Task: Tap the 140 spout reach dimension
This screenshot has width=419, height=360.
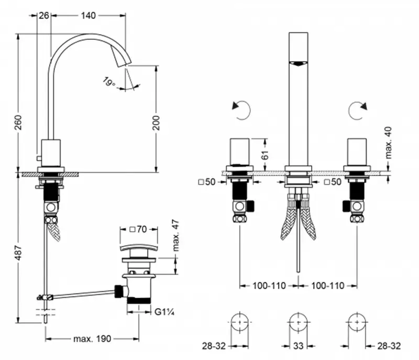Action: tap(89, 16)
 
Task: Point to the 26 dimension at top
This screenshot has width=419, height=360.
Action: tap(44, 16)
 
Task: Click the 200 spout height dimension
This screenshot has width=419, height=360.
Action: tap(156, 123)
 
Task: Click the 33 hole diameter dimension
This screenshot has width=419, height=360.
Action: tap(297, 346)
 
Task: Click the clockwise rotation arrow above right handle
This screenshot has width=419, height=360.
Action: tap(358, 110)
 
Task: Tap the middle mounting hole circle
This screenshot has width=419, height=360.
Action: tap(297, 321)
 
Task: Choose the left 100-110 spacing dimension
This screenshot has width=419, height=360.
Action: tap(269, 286)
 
